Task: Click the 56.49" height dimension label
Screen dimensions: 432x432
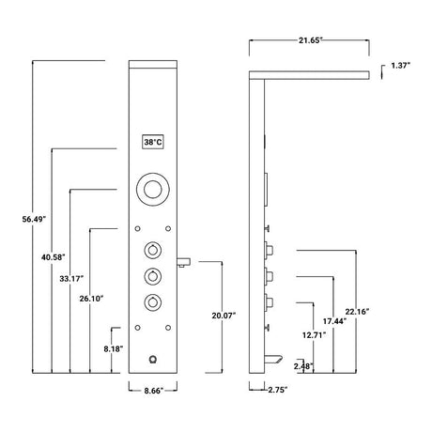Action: (34, 219)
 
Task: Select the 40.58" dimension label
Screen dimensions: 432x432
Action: (54, 257)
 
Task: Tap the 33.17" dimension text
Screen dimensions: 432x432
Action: (71, 278)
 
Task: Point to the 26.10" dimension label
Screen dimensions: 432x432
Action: (91, 299)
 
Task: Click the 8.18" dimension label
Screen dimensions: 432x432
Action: (114, 348)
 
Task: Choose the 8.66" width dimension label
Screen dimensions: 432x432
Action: (154, 391)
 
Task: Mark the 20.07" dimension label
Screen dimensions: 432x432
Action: (224, 316)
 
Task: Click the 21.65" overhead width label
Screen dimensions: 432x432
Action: (310, 40)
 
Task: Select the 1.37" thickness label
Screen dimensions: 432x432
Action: (400, 66)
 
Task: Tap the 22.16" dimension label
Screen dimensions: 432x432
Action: (357, 312)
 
